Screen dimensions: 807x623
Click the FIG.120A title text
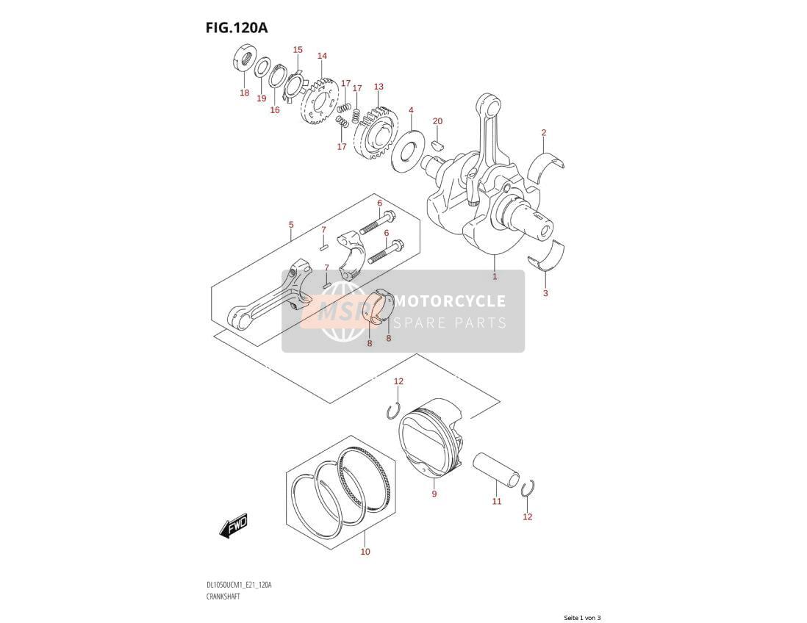(x=237, y=27)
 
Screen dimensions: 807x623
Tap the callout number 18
(x=245, y=93)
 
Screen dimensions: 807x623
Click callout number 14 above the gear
(x=322, y=56)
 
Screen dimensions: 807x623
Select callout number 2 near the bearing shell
(x=543, y=132)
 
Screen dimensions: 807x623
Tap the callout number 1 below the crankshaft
(x=495, y=276)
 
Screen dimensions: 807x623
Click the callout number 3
(x=545, y=293)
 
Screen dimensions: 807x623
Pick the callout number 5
(x=291, y=224)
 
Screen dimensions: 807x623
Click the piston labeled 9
(x=431, y=436)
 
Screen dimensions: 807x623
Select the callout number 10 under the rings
(x=365, y=552)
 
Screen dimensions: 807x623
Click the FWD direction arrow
(x=234, y=525)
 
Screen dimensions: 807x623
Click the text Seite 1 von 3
(x=582, y=618)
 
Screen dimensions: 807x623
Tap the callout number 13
(x=379, y=87)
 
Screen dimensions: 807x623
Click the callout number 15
(x=298, y=49)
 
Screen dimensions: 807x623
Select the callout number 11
(x=496, y=501)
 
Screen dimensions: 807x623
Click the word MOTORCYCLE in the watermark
(x=449, y=301)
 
